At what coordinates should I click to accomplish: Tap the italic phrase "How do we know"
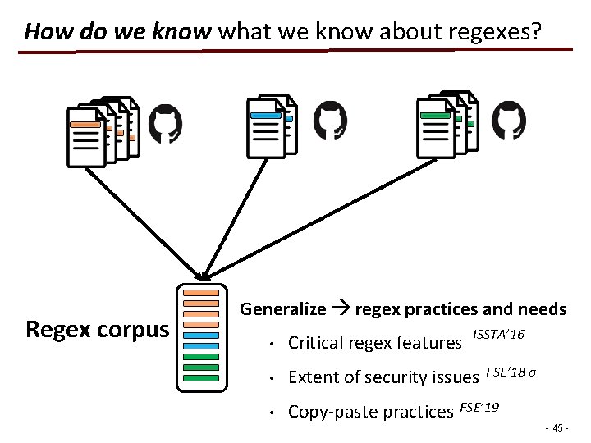(x=118, y=32)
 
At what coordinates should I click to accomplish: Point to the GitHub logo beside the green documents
(x=509, y=123)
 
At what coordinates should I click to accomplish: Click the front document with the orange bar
(x=85, y=138)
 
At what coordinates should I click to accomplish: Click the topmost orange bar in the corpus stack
(x=201, y=293)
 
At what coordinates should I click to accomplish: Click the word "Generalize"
(x=282, y=309)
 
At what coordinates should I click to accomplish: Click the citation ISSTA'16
(x=499, y=335)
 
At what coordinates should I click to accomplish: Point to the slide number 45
(x=557, y=427)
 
